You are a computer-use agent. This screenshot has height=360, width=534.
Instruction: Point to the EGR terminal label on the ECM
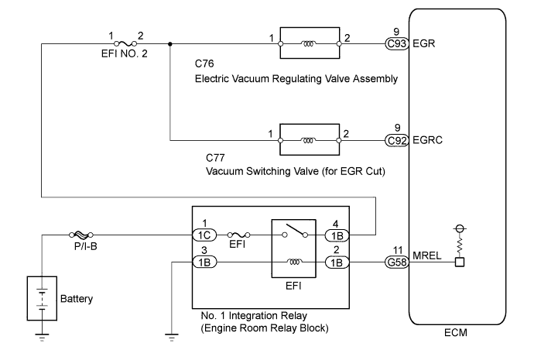pyautogui.click(x=424, y=44)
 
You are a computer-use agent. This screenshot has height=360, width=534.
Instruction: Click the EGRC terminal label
pyautogui.click(x=428, y=141)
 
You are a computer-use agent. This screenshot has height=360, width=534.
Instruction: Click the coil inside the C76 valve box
pyautogui.click(x=310, y=44)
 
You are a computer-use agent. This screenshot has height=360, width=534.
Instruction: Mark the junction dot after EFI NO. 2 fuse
pyautogui.click(x=170, y=44)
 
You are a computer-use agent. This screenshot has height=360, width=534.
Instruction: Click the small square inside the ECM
pyautogui.click(x=459, y=263)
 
